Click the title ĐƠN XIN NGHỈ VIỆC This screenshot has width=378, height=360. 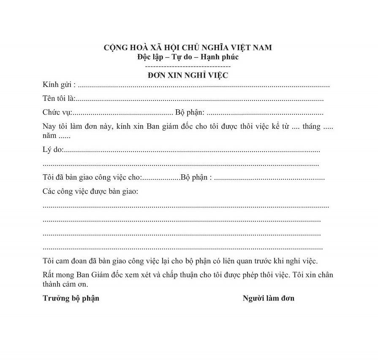[188, 75]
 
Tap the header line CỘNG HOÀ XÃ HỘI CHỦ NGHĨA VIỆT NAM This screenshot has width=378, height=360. [188, 47]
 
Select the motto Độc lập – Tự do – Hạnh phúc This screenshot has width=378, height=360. [188, 57]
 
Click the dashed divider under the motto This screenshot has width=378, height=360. [188, 66]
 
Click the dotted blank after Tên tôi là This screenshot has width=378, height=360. [199, 100]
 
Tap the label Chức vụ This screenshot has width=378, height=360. [57, 113]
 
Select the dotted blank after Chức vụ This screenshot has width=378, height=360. [122, 114]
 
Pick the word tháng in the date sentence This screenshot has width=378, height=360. [311, 127]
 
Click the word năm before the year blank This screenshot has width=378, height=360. [49, 136]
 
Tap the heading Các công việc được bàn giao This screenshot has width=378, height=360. [90, 192]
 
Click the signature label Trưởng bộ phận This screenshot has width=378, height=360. [71, 298]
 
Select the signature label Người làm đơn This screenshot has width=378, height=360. [269, 298]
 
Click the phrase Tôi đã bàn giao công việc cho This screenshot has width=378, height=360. [92, 177]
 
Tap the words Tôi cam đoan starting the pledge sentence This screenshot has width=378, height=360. [63, 260]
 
